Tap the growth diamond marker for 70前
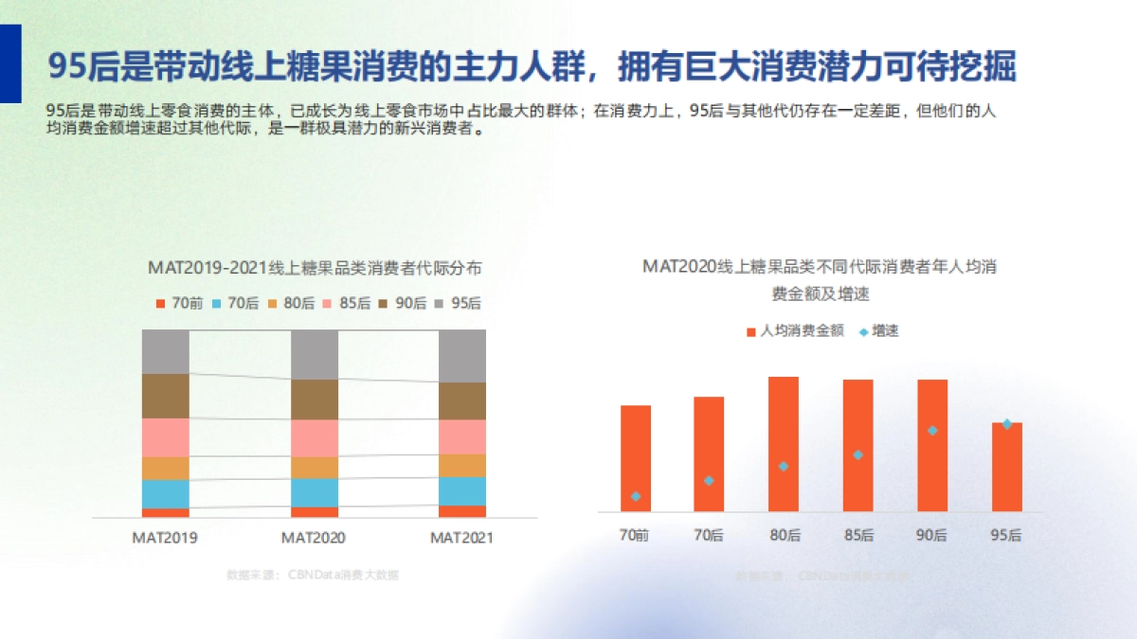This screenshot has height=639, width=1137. [x=636, y=496]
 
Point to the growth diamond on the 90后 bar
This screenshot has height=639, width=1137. [x=932, y=431]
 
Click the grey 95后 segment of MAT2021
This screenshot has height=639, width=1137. [x=462, y=356]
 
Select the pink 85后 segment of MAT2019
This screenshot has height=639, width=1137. [x=166, y=437]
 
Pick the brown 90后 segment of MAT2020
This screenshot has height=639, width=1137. [x=314, y=399]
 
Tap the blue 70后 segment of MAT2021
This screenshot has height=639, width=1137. [x=462, y=490]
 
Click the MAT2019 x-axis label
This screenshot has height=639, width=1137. [x=165, y=538]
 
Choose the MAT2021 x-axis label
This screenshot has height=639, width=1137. [x=462, y=538]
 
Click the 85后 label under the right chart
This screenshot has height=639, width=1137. [x=858, y=535]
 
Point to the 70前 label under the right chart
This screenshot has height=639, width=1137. [x=635, y=535]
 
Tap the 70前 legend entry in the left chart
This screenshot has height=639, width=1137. [x=179, y=303]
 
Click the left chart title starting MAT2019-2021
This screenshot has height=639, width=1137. [x=315, y=268]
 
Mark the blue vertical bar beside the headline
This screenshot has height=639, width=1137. [x=9, y=63]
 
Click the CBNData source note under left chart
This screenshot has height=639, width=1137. [x=313, y=575]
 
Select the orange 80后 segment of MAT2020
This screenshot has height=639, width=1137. [x=314, y=468]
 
